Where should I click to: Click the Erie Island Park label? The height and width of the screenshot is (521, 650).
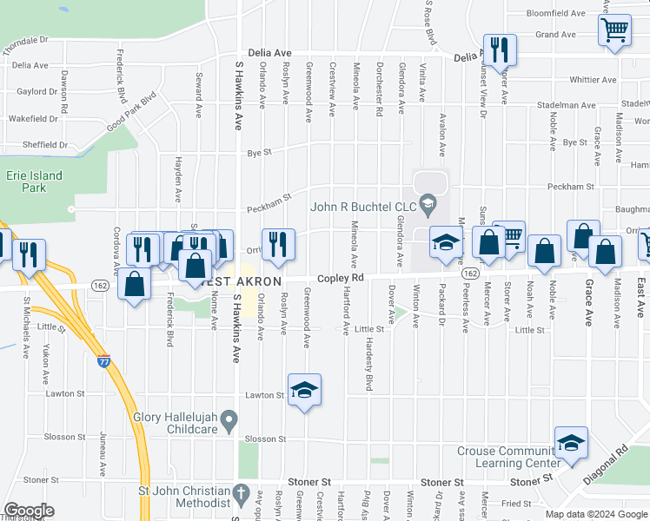(x=34, y=181)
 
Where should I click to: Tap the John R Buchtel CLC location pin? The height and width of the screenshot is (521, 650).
(x=427, y=206)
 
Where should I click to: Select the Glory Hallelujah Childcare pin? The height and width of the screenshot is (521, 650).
(x=229, y=422)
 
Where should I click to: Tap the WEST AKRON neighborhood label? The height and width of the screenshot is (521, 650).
(x=241, y=282)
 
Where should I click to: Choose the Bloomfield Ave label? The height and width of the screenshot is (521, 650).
(x=556, y=14)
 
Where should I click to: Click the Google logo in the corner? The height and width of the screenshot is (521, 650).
(x=29, y=511)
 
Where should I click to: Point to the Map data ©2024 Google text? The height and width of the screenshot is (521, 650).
(x=595, y=514)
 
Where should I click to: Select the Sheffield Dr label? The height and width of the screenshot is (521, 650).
(x=37, y=145)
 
